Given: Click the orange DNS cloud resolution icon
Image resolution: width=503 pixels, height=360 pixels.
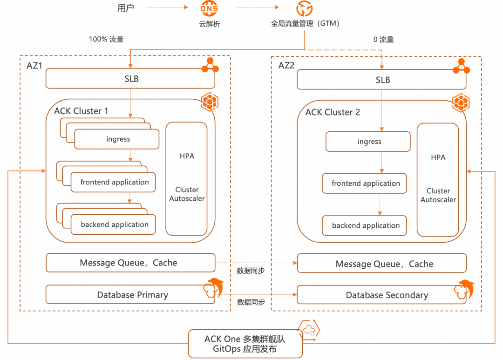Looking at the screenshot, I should (209, 8).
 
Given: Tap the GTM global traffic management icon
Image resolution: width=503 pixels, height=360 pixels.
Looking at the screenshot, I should (305, 8).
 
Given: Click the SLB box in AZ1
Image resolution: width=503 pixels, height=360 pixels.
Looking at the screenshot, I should (130, 79).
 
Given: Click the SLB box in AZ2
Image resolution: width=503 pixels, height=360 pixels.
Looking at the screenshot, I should (382, 80).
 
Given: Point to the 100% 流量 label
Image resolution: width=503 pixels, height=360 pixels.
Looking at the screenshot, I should (106, 40).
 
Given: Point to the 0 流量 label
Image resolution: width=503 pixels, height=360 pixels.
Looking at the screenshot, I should (383, 40).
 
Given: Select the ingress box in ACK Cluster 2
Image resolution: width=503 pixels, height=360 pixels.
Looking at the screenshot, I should (368, 142).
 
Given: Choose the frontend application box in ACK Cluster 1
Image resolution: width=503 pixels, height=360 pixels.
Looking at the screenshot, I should (114, 182).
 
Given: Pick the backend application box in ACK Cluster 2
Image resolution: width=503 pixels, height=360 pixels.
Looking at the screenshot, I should (365, 226).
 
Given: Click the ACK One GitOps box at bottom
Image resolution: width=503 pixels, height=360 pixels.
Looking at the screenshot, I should (245, 344).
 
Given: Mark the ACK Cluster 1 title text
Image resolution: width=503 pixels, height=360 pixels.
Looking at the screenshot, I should (81, 111).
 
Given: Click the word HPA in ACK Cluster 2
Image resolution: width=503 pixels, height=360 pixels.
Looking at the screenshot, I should (438, 157).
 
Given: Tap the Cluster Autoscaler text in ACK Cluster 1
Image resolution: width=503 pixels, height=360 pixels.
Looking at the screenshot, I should (187, 194).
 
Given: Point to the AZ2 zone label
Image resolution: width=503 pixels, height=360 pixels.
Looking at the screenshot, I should (286, 66).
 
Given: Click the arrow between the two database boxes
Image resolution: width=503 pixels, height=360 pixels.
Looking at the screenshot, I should (256, 294).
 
